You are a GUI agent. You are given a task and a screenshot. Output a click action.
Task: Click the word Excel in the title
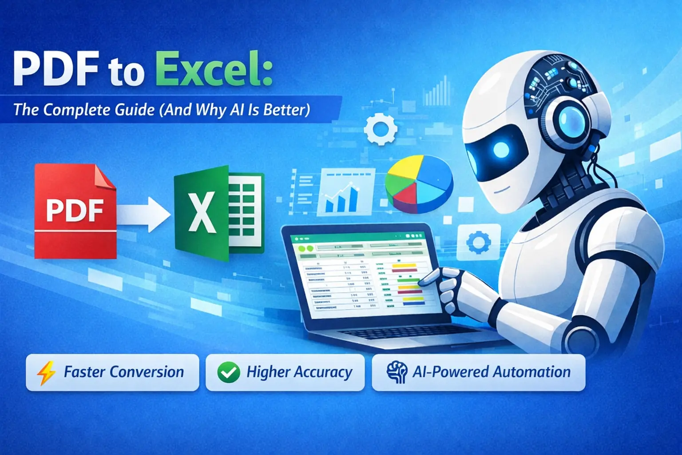coord(212,69)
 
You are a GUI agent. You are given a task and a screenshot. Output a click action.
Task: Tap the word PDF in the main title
coord(56,69)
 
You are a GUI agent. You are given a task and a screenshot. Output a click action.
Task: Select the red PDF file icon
coord(75,211)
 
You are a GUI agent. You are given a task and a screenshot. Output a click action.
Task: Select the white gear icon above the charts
coord(380,129)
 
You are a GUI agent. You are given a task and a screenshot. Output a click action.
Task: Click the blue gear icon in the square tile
coord(478,243)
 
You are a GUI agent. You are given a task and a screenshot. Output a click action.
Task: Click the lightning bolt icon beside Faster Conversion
coord(46,372)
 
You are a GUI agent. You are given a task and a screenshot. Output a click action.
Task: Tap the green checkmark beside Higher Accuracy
coord(229,372)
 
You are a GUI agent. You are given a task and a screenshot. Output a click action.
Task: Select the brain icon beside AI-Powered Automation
coord(396,372)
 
